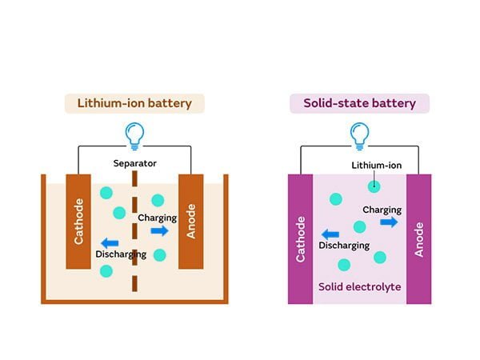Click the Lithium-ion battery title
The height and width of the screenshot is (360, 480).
point(134,103)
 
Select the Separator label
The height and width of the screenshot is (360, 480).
point(134,163)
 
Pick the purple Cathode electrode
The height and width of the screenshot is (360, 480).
point(300,237)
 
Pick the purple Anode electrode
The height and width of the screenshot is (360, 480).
point(419,237)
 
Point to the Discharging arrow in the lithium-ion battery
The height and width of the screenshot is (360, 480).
point(110,242)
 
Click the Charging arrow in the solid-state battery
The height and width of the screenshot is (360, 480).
point(389,222)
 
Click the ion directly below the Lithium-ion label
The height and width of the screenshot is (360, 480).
point(374,186)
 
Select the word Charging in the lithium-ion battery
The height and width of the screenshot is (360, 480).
point(157,218)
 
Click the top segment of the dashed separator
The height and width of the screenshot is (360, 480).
point(134,181)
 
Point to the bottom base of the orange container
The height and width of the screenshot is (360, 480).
point(134,300)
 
